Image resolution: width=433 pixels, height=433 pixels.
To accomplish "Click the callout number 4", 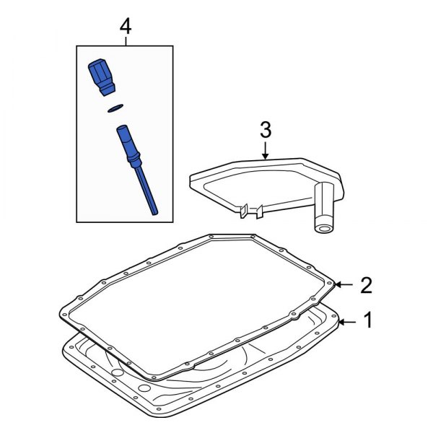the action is [x=126, y=27].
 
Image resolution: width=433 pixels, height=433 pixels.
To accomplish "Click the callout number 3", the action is [x=266, y=130].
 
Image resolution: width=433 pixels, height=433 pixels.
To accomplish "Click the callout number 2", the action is [x=366, y=285].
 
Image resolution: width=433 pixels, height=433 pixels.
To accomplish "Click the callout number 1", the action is [x=368, y=320].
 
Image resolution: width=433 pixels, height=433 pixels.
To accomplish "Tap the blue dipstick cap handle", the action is [x=102, y=77].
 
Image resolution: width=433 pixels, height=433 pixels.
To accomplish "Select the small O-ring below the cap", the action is [x=115, y=108].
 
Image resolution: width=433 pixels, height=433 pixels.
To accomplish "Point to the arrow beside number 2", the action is [x=344, y=284].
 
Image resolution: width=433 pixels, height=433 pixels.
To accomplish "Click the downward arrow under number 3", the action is [x=265, y=151].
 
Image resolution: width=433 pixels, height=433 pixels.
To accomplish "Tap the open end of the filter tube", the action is [x=323, y=228].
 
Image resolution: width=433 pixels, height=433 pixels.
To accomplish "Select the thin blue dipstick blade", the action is [x=146, y=191].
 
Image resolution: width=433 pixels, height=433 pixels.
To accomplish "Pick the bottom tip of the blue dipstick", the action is [x=155, y=213].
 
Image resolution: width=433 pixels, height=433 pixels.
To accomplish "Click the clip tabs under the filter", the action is [x=250, y=211].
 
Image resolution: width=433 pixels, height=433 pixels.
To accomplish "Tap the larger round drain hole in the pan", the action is [x=144, y=388].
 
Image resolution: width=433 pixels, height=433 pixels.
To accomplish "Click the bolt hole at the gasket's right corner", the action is [x=330, y=283].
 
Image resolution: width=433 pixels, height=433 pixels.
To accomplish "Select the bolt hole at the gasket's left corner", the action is [x=64, y=315].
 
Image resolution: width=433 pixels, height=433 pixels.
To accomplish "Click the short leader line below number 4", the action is [x=126, y=41].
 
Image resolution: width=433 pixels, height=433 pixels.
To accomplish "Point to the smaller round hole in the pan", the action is [x=118, y=373].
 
